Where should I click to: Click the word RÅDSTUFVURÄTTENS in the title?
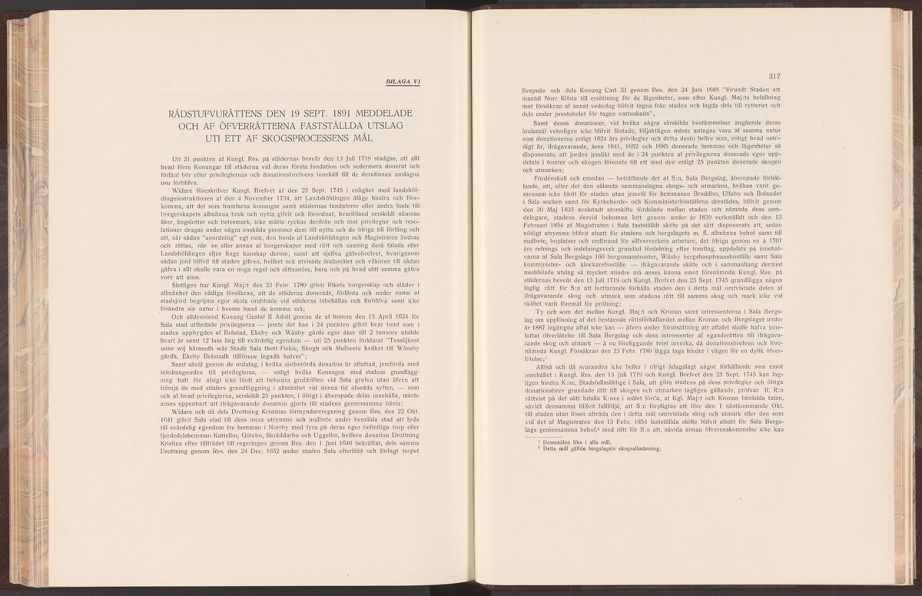click(213, 113)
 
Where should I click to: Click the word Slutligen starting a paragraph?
click(183, 274)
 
